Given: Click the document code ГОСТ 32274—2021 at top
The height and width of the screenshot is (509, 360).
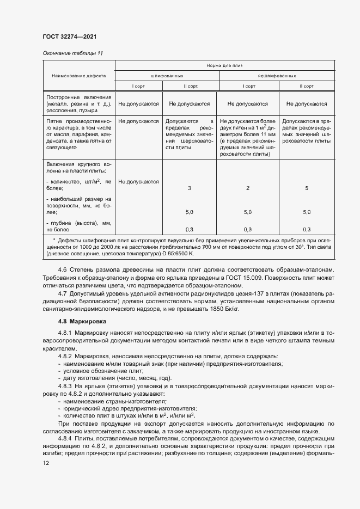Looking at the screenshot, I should point(70,37).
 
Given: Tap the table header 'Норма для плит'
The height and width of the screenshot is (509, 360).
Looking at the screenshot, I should point(224,65).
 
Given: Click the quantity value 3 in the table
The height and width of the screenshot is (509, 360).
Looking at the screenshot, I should point(189,188).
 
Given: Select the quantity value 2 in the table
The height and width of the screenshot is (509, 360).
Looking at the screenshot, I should point(247,188).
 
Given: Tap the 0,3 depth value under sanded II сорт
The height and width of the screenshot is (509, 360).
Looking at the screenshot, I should point(189,229).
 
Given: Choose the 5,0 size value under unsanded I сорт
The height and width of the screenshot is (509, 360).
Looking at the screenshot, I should point(247,212).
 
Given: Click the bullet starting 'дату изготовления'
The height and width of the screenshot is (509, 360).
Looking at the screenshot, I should point(114,378).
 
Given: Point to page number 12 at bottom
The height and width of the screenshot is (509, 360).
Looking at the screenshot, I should point(46,463).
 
